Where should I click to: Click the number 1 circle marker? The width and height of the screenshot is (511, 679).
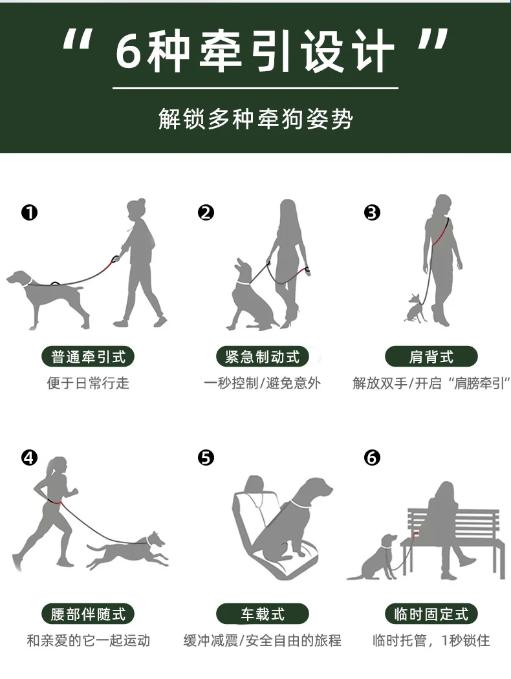click(x=30, y=213)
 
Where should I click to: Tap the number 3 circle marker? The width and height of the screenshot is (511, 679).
click(x=372, y=213)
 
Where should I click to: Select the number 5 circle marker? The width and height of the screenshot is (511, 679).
click(x=206, y=458)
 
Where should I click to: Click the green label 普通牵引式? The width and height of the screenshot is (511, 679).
click(x=88, y=357)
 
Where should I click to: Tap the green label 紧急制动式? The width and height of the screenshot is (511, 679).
click(x=263, y=357)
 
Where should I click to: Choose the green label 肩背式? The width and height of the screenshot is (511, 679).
click(x=431, y=357)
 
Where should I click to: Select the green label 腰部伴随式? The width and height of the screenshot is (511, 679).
click(x=88, y=614)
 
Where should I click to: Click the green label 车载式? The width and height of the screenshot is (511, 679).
click(x=263, y=614)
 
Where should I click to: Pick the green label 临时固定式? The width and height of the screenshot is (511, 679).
click(x=431, y=614)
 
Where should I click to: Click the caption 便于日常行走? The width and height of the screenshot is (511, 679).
click(x=89, y=383)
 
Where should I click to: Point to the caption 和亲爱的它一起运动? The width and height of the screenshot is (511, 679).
click(x=89, y=640)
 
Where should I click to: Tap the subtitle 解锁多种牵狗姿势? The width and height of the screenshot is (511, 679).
click(x=255, y=118)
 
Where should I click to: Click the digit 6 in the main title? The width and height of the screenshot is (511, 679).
click(x=129, y=50)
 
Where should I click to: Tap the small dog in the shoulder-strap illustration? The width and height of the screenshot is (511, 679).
click(x=416, y=308)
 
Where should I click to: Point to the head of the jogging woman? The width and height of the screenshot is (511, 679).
click(x=58, y=466)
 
